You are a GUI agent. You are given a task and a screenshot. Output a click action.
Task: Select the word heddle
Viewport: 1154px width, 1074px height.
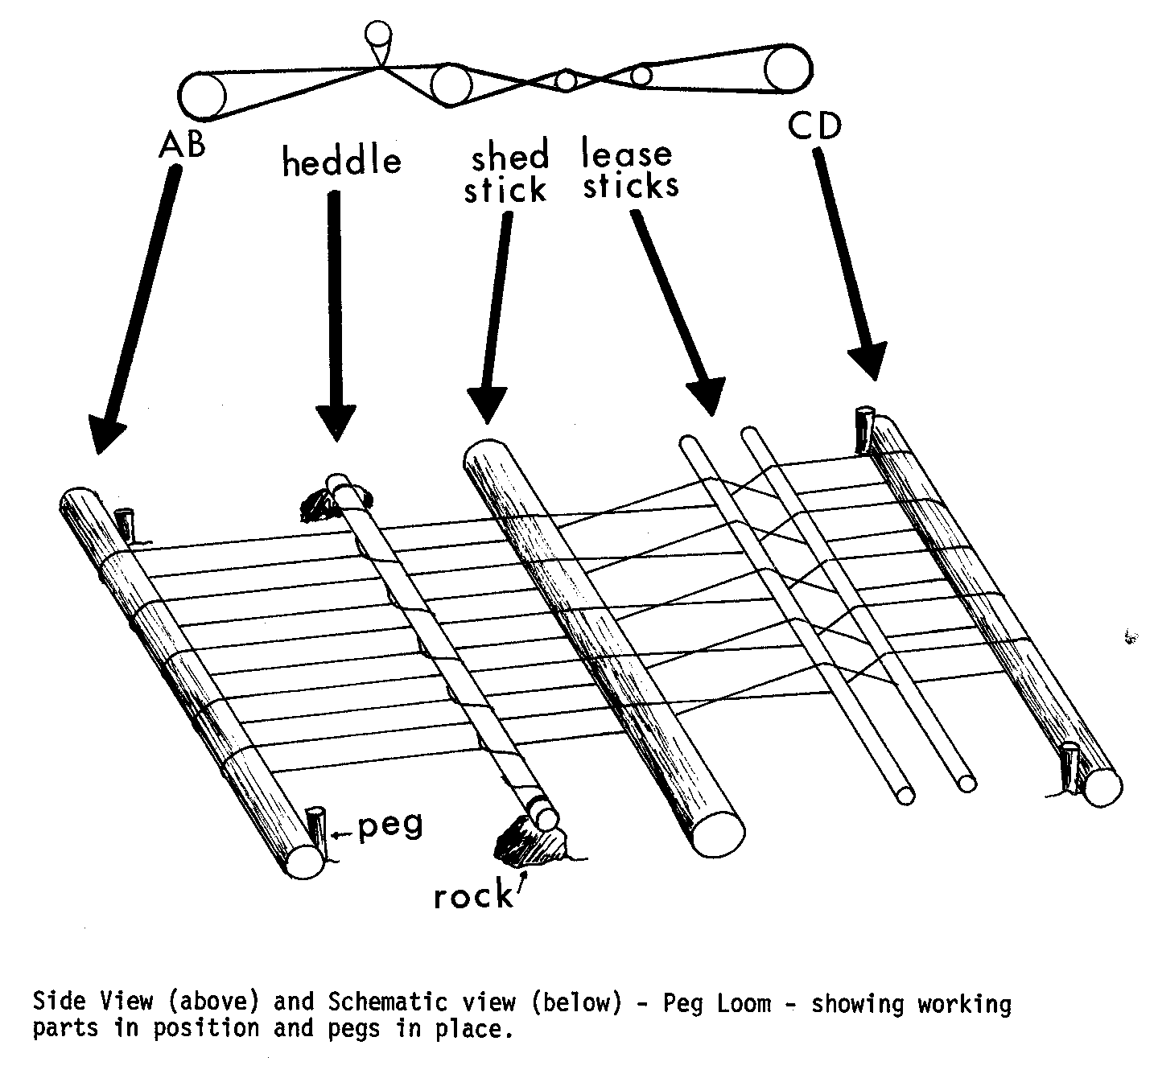coord(342,163)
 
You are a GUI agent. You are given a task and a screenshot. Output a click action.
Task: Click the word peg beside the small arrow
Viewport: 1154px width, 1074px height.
coord(390,827)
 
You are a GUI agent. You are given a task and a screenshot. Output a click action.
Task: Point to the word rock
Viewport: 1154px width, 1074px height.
coord(472,895)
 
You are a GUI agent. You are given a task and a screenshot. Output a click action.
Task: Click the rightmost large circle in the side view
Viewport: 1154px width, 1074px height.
coord(788,70)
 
